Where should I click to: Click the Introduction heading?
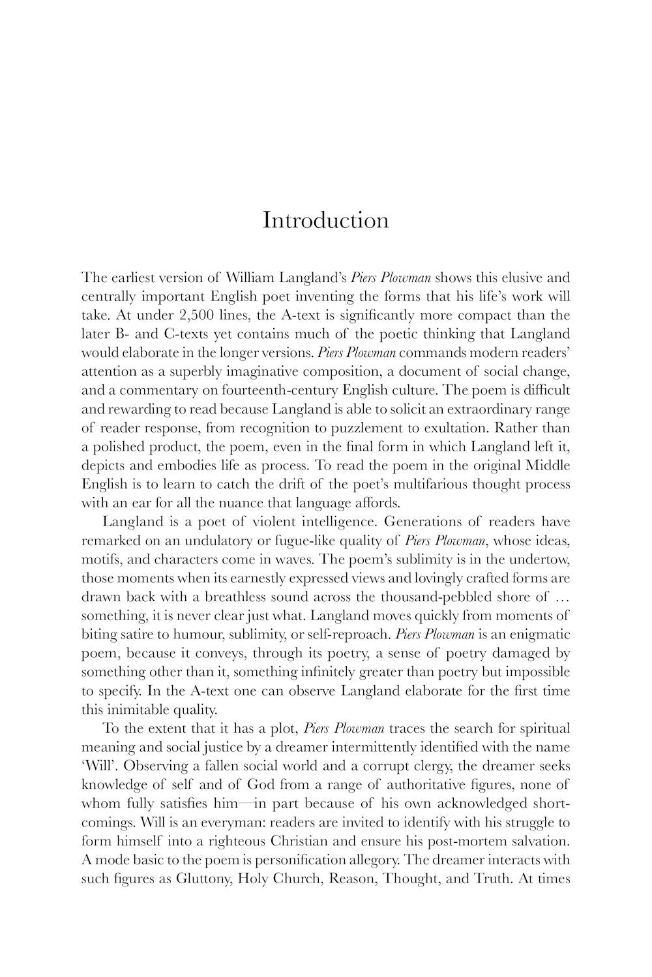click(325, 220)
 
